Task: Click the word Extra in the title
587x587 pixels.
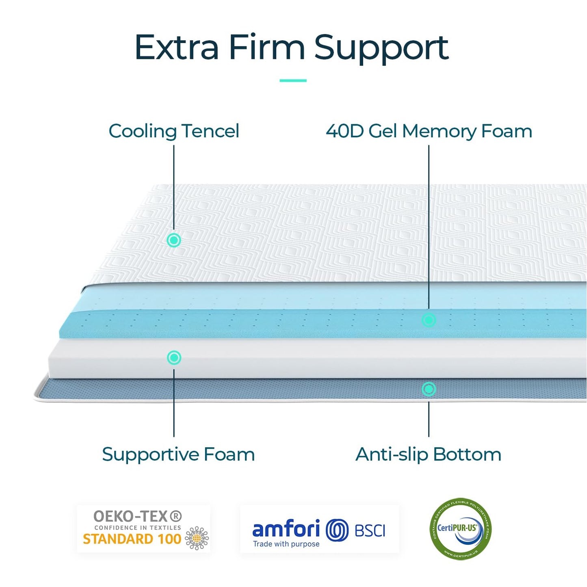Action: pyautogui.click(x=176, y=48)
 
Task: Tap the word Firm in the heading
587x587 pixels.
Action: pyautogui.click(x=266, y=48)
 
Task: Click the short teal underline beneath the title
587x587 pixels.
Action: pyautogui.click(x=293, y=80)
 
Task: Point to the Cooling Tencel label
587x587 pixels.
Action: pyautogui.click(x=174, y=131)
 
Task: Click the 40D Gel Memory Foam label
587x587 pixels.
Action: pyautogui.click(x=429, y=131)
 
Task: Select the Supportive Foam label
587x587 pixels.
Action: pyautogui.click(x=178, y=454)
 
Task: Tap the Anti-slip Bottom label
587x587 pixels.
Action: pyautogui.click(x=428, y=454)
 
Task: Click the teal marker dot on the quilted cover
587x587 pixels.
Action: pyautogui.click(x=174, y=240)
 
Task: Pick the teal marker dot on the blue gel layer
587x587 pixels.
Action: pyautogui.click(x=429, y=320)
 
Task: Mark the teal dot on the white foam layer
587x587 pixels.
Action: pyautogui.click(x=174, y=357)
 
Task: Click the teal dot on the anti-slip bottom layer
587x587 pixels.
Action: pyautogui.click(x=429, y=389)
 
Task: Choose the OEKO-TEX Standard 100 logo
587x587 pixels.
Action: pyautogui.click(x=144, y=529)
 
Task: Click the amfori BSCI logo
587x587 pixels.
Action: pyautogui.click(x=319, y=529)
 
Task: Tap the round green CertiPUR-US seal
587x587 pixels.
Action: pyautogui.click(x=460, y=529)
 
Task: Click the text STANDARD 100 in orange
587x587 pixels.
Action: pyautogui.click(x=132, y=539)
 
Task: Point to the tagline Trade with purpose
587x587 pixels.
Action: pyautogui.click(x=286, y=544)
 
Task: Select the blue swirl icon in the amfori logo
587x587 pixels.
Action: pyautogui.click(x=337, y=530)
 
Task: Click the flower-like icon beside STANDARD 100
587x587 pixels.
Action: pyautogui.click(x=197, y=538)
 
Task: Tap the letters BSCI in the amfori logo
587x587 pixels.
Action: pyautogui.click(x=370, y=531)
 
